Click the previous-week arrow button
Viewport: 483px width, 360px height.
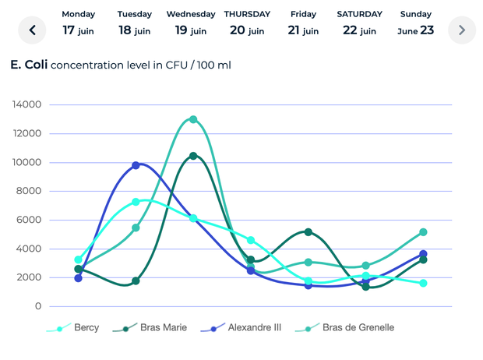(x=33, y=30)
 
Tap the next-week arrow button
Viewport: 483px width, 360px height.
(x=462, y=30)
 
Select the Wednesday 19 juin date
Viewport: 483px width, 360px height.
(x=191, y=23)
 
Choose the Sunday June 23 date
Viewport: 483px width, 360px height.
(x=415, y=23)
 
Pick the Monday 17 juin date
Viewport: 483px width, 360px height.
(x=79, y=23)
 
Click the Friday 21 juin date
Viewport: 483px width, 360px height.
(x=303, y=23)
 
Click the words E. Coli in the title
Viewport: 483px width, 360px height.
(x=28, y=65)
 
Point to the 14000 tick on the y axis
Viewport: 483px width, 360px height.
(x=29, y=104)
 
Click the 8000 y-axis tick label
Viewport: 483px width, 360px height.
(x=32, y=191)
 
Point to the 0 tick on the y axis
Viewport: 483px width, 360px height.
(x=38, y=306)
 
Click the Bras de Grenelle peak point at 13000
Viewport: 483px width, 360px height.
(x=193, y=119)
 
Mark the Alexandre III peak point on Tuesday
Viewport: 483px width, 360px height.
(x=136, y=165)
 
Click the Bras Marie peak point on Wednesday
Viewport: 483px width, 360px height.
(x=193, y=156)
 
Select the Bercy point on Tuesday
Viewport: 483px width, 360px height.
(x=136, y=202)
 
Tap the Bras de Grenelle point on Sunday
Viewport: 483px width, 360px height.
(x=423, y=232)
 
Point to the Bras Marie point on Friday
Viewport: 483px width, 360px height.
(x=308, y=232)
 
